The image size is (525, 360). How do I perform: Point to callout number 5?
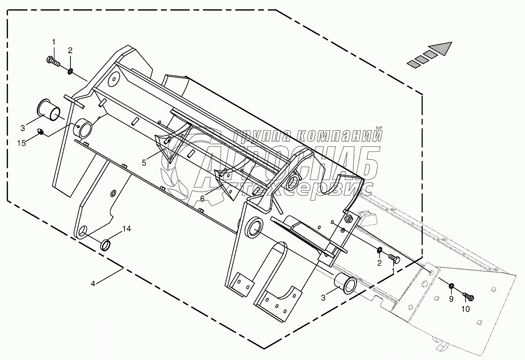pos(144,163)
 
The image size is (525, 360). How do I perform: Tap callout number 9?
pos(451,299)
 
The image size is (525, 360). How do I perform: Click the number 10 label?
pos(465,309)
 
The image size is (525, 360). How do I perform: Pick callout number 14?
pos(127,229)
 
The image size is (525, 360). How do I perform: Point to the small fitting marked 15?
pos(41,132)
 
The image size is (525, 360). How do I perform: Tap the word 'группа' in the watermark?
pos(259,134)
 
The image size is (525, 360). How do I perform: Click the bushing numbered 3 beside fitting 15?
pos(50,109)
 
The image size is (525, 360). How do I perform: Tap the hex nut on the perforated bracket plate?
pos(348,218)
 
